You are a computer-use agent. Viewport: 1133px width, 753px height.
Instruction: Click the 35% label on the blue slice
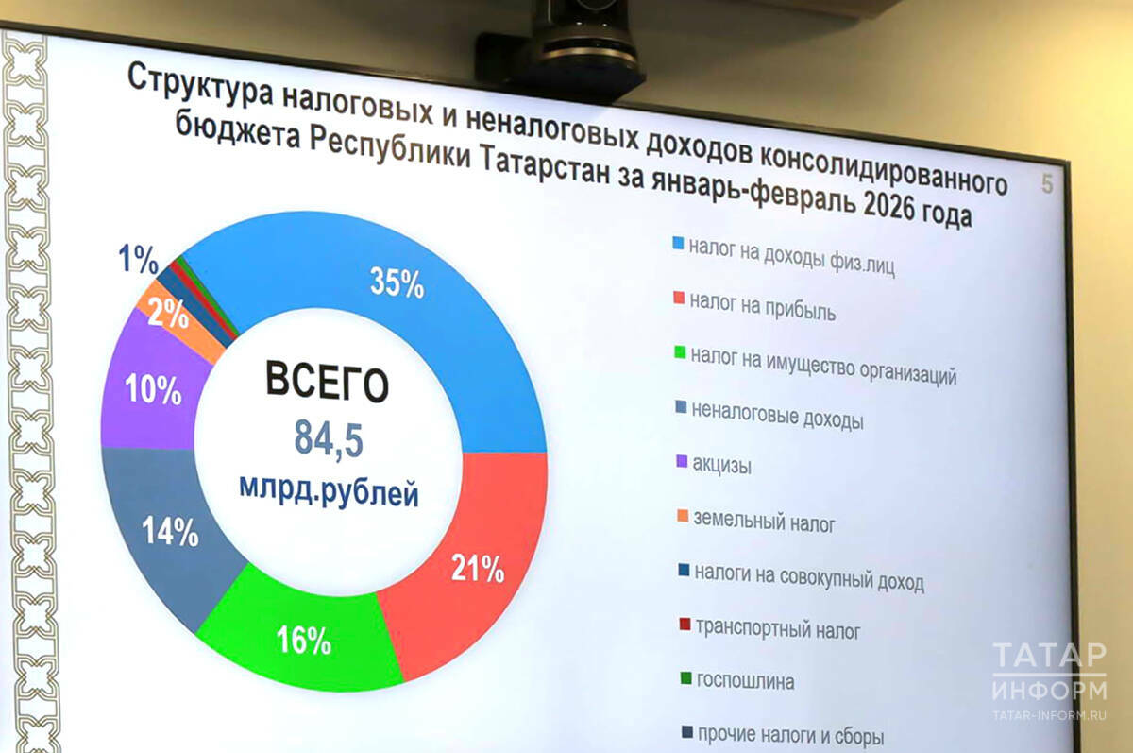tap(397, 283)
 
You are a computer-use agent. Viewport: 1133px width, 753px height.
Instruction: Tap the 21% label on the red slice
tap(477, 569)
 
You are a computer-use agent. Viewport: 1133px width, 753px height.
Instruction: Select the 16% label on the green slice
tap(303, 642)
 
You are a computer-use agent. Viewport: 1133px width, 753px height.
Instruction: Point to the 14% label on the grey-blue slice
tap(170, 532)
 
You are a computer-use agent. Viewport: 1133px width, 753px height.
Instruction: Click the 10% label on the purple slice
tap(154, 390)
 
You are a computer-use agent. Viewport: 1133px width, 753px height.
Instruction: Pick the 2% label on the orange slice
tap(168, 314)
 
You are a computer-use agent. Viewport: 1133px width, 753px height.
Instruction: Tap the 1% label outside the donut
tap(138, 258)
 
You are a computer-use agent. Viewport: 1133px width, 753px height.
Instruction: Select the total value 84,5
tap(329, 439)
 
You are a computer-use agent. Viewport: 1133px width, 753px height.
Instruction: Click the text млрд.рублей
tap(329, 493)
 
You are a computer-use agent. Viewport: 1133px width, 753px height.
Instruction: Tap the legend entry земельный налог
tap(764, 521)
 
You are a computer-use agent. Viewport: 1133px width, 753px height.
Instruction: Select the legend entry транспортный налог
tap(777, 628)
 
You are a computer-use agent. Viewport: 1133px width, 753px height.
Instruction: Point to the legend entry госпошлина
tap(744, 681)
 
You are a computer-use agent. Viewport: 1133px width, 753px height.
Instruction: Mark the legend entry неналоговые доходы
tap(777, 416)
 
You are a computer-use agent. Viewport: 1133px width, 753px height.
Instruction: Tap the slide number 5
tap(1047, 184)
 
